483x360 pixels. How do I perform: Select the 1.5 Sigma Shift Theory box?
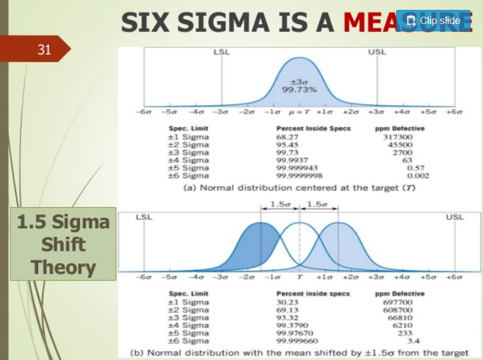(63, 245)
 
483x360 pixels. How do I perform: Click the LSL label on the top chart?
(221, 52)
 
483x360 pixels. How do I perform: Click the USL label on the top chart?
(377, 52)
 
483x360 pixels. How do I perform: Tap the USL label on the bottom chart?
(455, 217)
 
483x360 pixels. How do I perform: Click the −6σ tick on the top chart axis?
(144, 113)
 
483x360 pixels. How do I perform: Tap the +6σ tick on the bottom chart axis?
(455, 278)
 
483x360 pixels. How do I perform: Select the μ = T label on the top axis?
(299, 113)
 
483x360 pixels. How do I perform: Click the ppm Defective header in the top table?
(399, 128)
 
